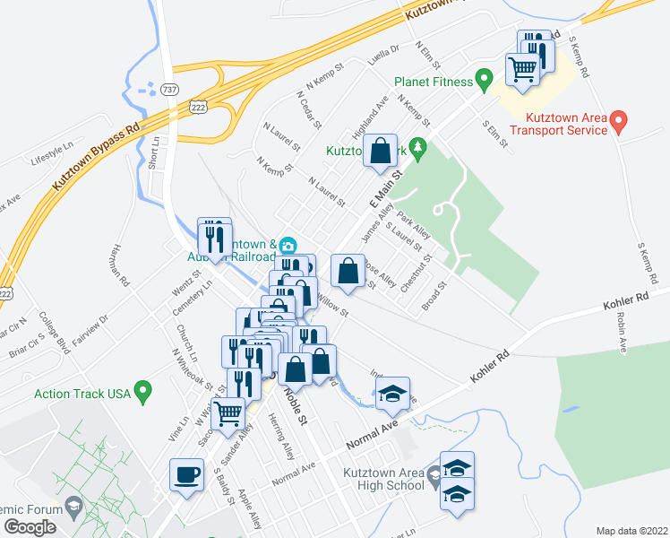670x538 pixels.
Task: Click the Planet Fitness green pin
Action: [485, 81]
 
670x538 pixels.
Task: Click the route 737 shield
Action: [170, 89]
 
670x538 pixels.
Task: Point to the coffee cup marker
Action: [187, 474]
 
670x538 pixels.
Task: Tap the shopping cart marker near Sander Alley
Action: [230, 413]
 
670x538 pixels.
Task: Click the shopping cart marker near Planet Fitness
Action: [523, 67]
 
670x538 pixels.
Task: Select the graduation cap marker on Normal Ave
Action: [392, 393]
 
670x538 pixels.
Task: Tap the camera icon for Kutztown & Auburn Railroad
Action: [288, 246]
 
